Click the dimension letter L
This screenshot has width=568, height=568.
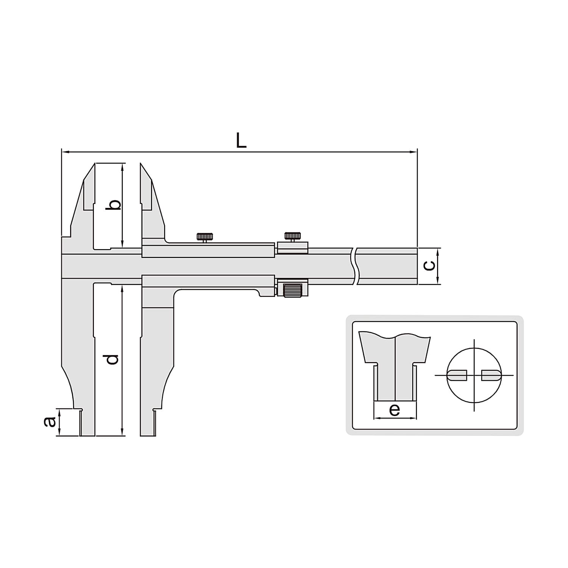[x=241, y=141]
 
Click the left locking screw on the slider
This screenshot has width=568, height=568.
[x=204, y=238]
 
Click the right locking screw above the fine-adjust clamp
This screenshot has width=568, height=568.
[x=292, y=237]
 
